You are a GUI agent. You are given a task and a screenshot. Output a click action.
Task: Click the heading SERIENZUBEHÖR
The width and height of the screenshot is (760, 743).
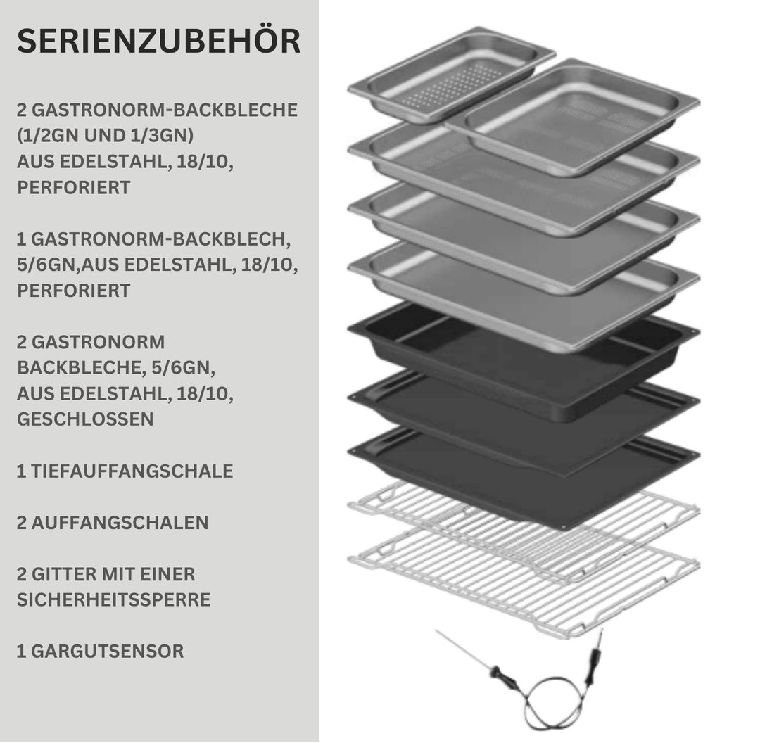[158, 41]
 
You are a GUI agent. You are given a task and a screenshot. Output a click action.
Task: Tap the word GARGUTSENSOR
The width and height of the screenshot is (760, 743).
[108, 652]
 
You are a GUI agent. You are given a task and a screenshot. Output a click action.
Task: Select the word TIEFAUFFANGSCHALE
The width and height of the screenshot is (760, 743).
[132, 471]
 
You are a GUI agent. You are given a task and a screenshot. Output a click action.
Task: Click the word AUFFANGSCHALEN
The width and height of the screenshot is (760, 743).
[120, 523]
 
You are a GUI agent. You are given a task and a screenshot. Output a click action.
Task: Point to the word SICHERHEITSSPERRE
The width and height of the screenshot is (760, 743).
[114, 599]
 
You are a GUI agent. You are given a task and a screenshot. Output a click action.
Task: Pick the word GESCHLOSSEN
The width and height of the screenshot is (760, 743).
[85, 419]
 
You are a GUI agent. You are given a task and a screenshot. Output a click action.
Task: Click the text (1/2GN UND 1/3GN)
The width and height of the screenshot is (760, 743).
[105, 136]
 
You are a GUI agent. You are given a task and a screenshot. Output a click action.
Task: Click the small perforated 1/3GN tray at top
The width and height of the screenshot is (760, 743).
[451, 75]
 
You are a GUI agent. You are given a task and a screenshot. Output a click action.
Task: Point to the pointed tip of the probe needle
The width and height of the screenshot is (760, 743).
[436, 630]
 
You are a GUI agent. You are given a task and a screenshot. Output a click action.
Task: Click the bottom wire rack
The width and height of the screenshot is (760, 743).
[524, 582]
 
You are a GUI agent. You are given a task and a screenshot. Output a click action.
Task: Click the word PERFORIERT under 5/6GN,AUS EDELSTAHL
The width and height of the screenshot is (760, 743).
[74, 291]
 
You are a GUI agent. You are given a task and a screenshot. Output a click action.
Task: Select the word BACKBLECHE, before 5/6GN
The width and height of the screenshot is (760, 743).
[81, 368]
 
